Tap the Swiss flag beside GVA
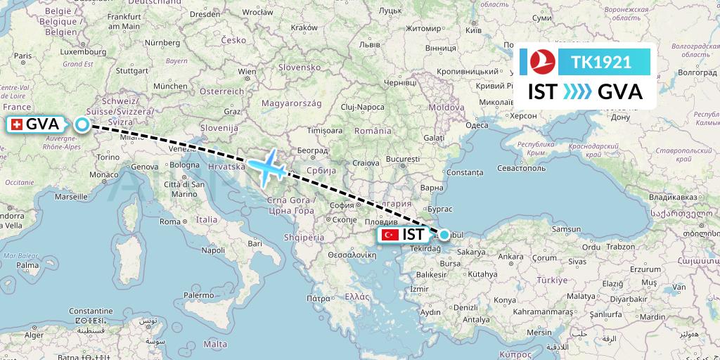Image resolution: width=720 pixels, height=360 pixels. (x=15, y=124)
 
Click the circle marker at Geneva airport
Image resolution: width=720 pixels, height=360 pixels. (x=82, y=125)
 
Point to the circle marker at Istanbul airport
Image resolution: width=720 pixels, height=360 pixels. (x=444, y=235)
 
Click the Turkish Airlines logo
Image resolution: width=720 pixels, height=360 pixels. (x=542, y=62)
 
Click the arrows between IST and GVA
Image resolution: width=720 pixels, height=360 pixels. (x=577, y=92)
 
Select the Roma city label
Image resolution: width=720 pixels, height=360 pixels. (x=170, y=221)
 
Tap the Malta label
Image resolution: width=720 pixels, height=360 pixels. (x=215, y=344)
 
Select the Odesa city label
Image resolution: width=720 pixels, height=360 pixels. (x=477, y=124)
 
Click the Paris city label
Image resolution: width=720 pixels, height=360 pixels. (x=24, y=56)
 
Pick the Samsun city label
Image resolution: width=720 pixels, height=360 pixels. (x=567, y=229)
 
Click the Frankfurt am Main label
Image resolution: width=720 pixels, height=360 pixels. (x=126, y=21)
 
